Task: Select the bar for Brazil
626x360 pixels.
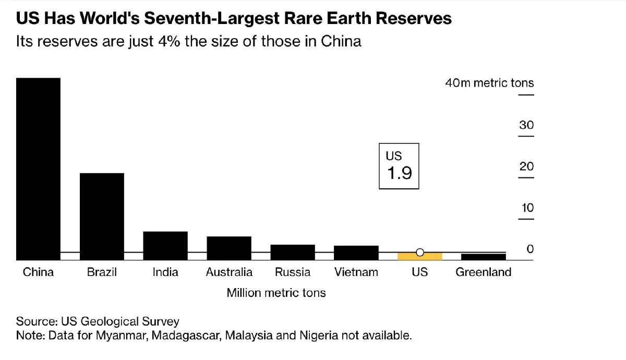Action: coord(102,216)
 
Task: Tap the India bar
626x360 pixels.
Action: coord(165,245)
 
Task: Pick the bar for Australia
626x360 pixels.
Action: coord(229,248)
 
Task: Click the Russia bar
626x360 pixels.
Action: coord(293,252)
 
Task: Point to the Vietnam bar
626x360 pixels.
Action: coord(356,253)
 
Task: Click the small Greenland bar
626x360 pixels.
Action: coord(484,257)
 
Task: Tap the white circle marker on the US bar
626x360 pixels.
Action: coord(420,253)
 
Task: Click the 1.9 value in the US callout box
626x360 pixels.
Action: coord(399,173)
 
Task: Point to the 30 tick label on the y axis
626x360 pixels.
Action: coord(526,126)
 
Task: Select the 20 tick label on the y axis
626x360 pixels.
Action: coord(526,167)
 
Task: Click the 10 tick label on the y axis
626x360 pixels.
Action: coord(527,208)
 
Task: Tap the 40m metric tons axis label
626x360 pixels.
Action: coord(489,83)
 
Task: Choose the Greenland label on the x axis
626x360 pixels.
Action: coord(484,272)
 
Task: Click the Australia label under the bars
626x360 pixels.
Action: coord(229,272)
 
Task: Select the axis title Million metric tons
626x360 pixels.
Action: coord(276,293)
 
